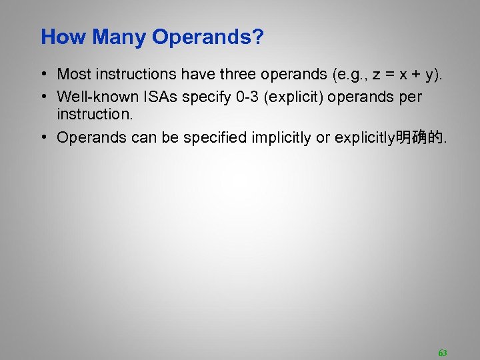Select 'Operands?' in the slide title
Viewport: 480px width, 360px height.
[x=207, y=37]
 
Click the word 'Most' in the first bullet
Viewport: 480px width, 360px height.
[x=75, y=75]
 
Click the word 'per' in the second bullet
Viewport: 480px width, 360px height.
[x=410, y=97]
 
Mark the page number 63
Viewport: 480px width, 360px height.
[x=443, y=353]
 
